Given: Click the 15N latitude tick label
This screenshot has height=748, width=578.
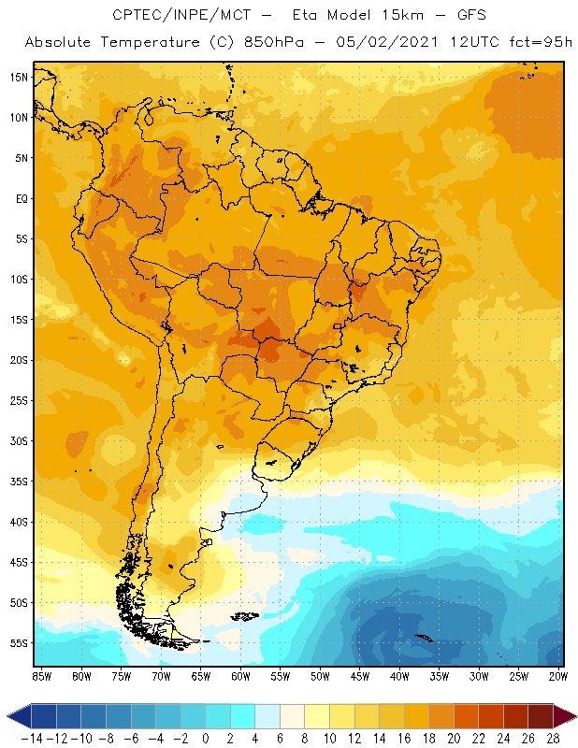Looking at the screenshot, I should (19, 77).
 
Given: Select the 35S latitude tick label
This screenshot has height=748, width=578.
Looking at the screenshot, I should (19, 482).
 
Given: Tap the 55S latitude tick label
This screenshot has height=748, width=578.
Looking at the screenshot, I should (19, 643).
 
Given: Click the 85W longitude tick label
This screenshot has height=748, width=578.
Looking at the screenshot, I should (41, 674).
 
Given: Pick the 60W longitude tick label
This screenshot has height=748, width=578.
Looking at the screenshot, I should (240, 674).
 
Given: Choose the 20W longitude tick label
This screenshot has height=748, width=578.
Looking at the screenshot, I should (558, 674).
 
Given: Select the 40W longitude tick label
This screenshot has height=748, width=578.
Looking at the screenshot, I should (399, 674).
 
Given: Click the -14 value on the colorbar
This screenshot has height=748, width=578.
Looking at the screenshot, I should (31, 737).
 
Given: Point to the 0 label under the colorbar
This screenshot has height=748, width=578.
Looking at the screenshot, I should (206, 737).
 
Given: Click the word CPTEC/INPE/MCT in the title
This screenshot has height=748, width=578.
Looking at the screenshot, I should (176, 16).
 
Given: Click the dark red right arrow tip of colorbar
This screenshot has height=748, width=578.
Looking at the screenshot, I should (570, 716).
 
